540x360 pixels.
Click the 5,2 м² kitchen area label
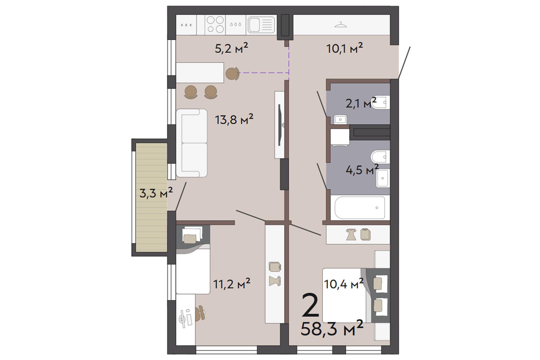[x=231, y=48]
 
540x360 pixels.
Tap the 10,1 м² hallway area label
[x=345, y=48]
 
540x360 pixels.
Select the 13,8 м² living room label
[x=234, y=119]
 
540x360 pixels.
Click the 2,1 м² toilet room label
[x=361, y=103]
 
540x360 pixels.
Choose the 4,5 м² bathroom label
[x=362, y=170]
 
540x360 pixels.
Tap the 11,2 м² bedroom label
[x=232, y=284]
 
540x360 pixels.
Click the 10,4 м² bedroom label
[x=344, y=284]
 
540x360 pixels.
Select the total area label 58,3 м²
[x=332, y=329]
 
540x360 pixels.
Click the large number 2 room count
[x=310, y=305]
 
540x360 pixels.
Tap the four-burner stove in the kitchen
[x=216, y=24]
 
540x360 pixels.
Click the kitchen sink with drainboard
[x=261, y=25]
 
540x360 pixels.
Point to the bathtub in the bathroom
[x=360, y=207]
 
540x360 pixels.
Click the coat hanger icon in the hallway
[x=341, y=25]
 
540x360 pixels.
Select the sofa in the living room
[x=192, y=143]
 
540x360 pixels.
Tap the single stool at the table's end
[x=232, y=73]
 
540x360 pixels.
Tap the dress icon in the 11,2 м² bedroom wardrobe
[x=275, y=281]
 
